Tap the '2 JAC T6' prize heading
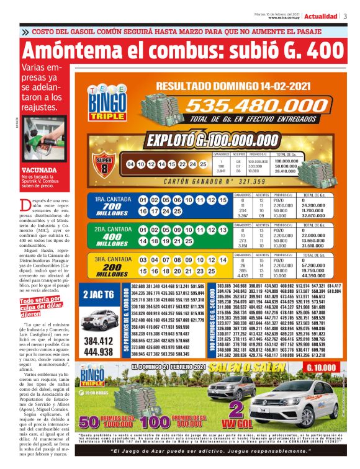[98, 295]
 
